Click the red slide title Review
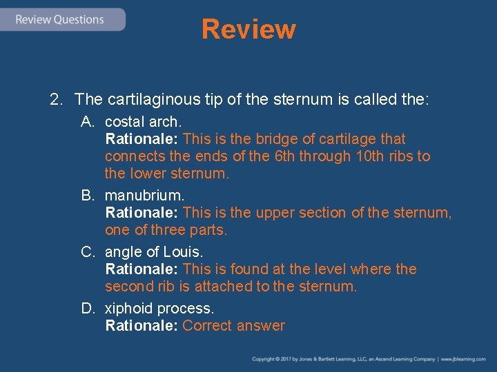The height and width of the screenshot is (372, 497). click(248, 30)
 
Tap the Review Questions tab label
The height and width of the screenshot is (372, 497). click(59, 19)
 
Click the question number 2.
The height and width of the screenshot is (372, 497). click(56, 100)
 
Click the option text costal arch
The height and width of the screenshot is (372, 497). click(143, 122)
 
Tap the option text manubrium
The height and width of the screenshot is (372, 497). click(144, 196)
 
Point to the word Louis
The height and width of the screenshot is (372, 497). click(184, 251)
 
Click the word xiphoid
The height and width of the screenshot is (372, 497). click(129, 308)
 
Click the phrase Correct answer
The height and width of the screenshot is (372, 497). click(233, 326)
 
